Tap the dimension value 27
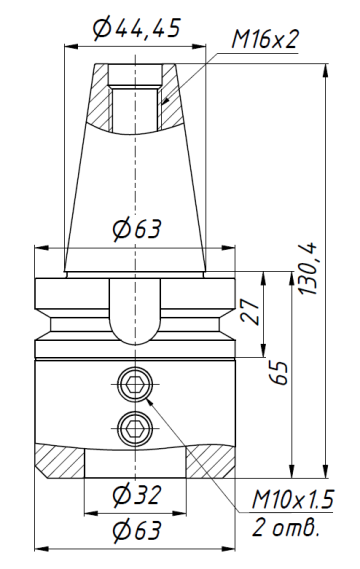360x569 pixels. tap(254, 309)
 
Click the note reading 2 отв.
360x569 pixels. tap(289, 526)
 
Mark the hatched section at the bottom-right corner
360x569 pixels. tap(208, 461)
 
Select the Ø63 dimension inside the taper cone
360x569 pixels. tap(134, 230)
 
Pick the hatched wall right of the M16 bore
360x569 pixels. tap(168, 105)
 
